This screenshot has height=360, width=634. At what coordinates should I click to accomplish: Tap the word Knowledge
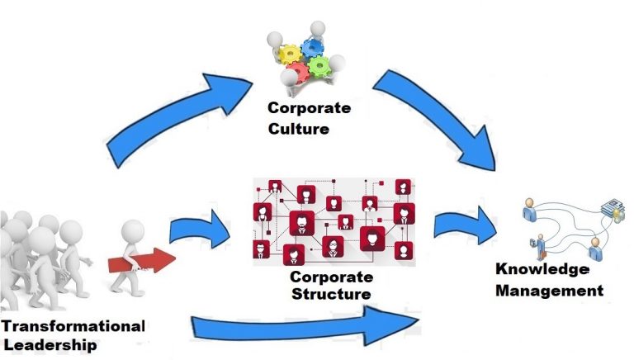542,270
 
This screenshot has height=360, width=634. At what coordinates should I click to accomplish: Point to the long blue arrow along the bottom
314,322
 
